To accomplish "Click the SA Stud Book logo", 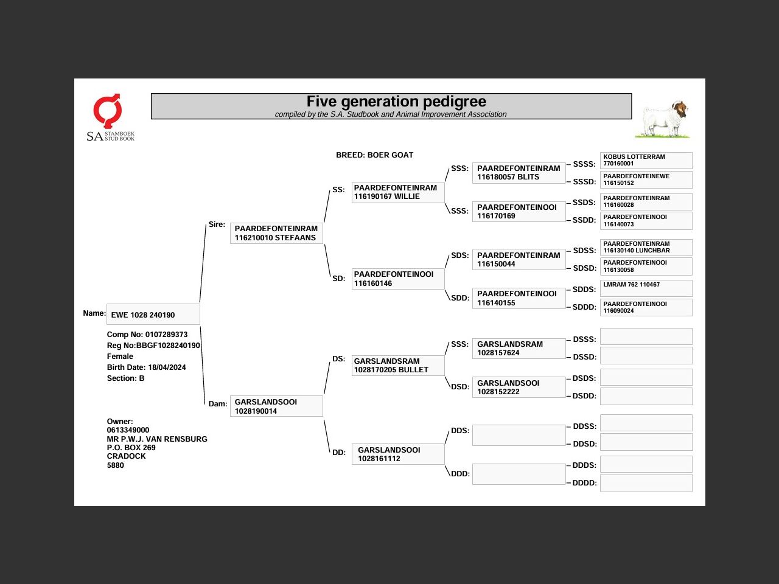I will [x=110, y=117].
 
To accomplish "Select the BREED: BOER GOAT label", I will [x=374, y=155].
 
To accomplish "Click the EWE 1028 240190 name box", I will [x=153, y=315].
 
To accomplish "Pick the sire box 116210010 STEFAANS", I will [x=276, y=233].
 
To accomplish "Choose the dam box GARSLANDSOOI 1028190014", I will [x=276, y=406].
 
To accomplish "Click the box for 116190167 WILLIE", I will [x=398, y=192].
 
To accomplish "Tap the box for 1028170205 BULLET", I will [x=398, y=366].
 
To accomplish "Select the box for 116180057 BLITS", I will [x=519, y=173].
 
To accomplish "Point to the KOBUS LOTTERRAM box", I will [x=646, y=160].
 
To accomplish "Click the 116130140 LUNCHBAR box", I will [x=646, y=247].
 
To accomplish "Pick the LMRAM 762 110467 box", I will [x=646, y=288].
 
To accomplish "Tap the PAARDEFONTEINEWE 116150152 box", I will [x=646, y=179].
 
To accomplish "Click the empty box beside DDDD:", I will [x=646, y=483].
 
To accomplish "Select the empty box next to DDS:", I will [x=519, y=435].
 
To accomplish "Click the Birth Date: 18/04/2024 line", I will [x=146, y=367].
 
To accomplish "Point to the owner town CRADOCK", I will [x=127, y=456].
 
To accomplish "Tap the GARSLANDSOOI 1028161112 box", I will [x=398, y=454].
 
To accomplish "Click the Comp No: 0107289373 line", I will [x=147, y=335].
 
